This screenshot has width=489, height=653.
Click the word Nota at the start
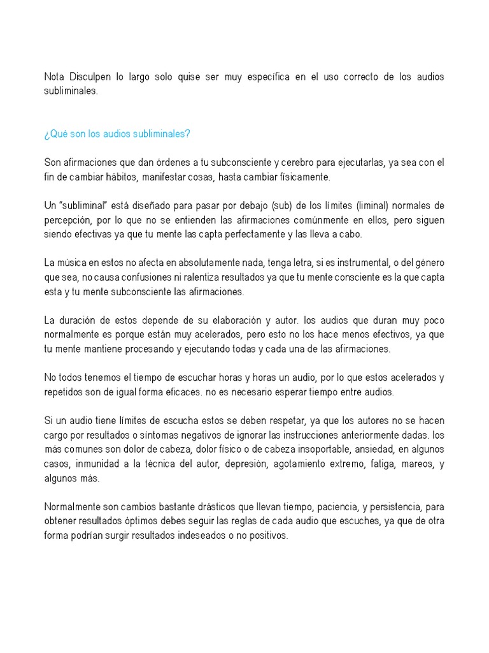55,77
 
